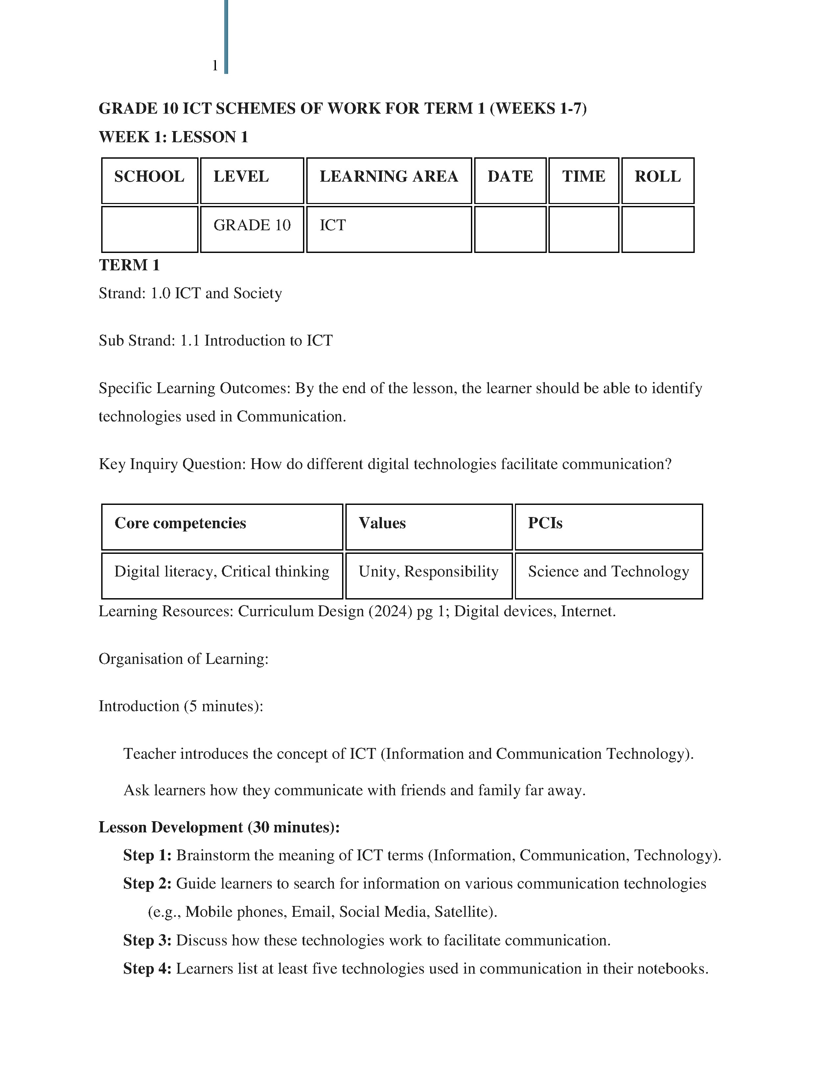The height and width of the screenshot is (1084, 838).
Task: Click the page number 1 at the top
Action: [x=215, y=65]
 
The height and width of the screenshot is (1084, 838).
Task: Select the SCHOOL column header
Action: [x=150, y=177]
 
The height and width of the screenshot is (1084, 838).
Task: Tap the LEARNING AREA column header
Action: [x=389, y=177]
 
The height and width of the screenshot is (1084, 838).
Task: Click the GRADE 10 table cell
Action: [x=252, y=225]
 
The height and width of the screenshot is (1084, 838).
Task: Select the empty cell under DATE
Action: [x=510, y=229]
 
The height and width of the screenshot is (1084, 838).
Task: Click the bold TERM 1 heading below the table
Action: [x=129, y=265]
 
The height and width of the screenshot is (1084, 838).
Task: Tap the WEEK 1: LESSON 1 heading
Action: [x=173, y=137]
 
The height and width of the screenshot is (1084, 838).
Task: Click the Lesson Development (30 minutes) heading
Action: [x=219, y=827]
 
